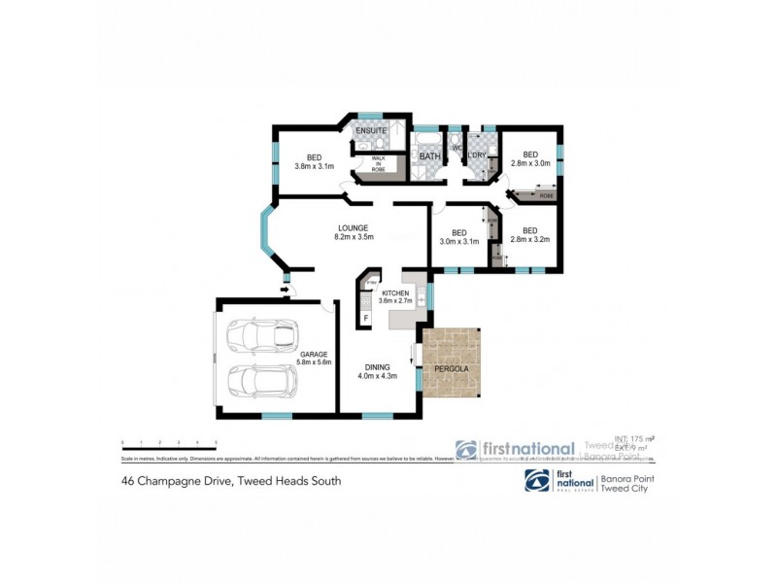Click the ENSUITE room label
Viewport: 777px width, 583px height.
[x=370, y=130]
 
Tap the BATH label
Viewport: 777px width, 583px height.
[x=429, y=155]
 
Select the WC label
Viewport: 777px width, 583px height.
[x=456, y=149]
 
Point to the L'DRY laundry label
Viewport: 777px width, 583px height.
[x=477, y=155]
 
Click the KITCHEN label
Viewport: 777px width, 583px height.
[x=396, y=292]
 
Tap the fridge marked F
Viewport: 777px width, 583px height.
[x=366, y=318]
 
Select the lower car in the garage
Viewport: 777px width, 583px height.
[x=259, y=381]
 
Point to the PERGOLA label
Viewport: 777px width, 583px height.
[x=453, y=370]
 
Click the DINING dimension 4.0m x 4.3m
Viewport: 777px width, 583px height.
[x=378, y=376]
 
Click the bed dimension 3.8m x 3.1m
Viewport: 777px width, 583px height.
[x=314, y=166]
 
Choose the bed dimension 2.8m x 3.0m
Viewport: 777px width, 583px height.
[x=530, y=163]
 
